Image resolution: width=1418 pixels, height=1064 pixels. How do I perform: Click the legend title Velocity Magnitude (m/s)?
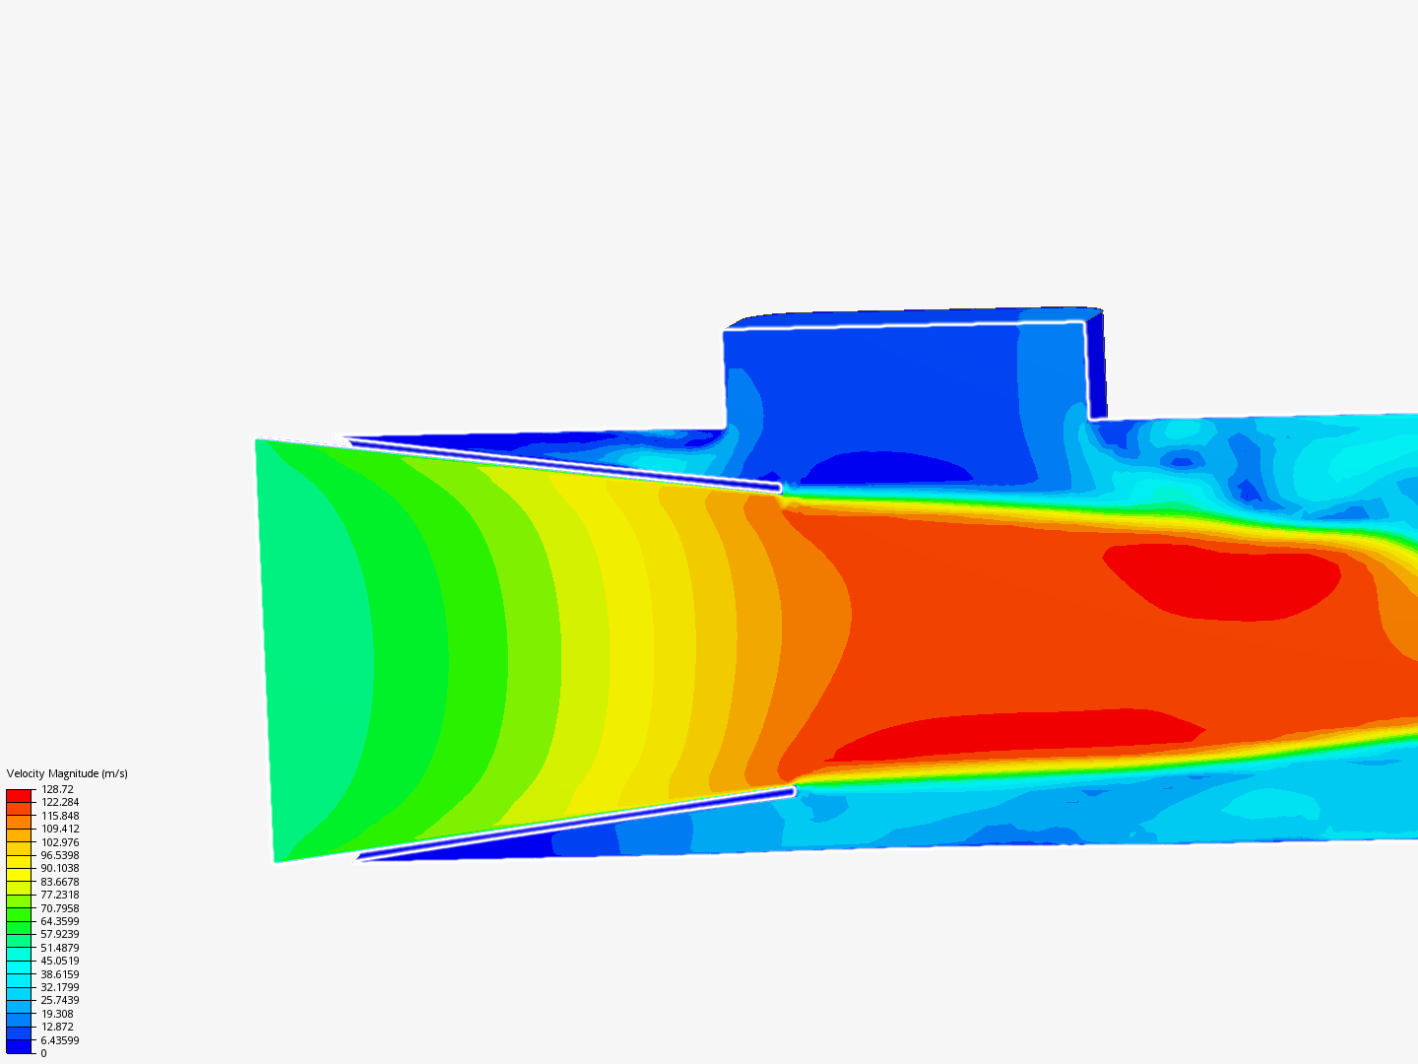(67, 773)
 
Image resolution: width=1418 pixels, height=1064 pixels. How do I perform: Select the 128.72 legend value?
(57, 789)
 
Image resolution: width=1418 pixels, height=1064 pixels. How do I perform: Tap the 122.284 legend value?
(59, 802)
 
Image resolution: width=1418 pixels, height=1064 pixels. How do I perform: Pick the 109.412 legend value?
(59, 829)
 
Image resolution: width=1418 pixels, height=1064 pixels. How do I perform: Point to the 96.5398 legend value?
(59, 855)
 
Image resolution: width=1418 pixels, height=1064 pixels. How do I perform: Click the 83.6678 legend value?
(59, 882)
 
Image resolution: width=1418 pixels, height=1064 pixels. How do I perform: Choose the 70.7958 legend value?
(59, 908)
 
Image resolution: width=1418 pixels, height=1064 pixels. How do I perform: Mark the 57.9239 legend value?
(59, 934)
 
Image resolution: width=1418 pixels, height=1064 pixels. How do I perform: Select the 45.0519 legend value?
(59, 961)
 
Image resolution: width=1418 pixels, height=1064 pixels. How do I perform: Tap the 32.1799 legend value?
(59, 987)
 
